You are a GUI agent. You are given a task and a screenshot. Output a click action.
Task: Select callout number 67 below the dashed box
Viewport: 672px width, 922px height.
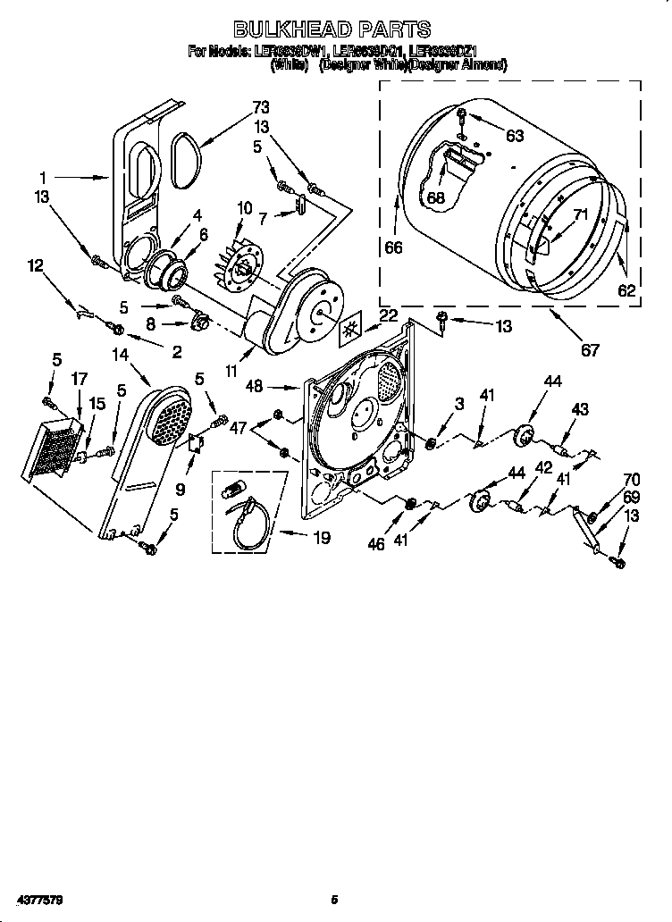click(590, 350)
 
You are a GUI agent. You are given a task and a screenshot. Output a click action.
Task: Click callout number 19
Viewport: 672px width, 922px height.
click(320, 537)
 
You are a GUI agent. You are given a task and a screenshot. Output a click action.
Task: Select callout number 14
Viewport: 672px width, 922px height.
click(120, 355)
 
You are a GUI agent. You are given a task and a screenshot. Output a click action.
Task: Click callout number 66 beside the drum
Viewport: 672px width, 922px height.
click(394, 247)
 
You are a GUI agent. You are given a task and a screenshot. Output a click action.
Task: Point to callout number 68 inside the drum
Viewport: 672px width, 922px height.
click(435, 197)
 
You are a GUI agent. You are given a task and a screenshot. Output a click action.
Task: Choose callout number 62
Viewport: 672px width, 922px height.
click(626, 289)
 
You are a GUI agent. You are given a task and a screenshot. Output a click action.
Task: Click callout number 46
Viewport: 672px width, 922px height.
click(376, 543)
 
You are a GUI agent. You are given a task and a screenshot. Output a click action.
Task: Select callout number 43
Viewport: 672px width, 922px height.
click(580, 409)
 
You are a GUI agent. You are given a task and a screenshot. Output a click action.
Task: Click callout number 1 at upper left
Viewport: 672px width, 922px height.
click(42, 177)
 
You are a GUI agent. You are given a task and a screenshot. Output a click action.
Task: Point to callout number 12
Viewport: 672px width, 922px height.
click(35, 264)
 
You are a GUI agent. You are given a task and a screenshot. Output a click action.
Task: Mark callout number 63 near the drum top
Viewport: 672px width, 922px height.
click(514, 136)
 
